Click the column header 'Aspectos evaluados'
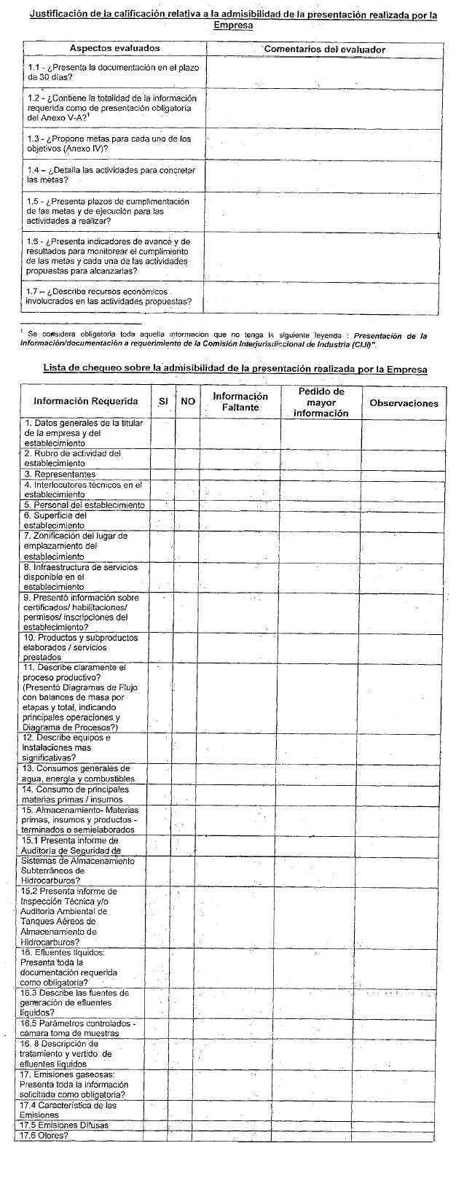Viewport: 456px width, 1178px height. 114,48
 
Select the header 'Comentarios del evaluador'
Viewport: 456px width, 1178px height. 324,49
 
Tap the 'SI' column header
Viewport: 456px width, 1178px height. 163,402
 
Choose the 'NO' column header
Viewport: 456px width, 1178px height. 188,402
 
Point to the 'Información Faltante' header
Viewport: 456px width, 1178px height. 240,402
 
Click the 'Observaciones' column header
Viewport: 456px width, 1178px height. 404,402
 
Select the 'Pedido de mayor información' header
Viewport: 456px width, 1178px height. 321,402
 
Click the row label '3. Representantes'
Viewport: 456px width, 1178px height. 60,474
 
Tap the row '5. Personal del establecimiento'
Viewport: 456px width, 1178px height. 84,504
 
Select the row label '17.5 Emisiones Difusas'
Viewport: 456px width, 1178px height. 64,1125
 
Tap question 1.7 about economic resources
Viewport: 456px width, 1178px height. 109,296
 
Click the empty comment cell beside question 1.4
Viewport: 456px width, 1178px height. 324,175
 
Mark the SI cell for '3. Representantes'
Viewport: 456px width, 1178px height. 162,474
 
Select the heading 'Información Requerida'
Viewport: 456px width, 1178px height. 85,402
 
